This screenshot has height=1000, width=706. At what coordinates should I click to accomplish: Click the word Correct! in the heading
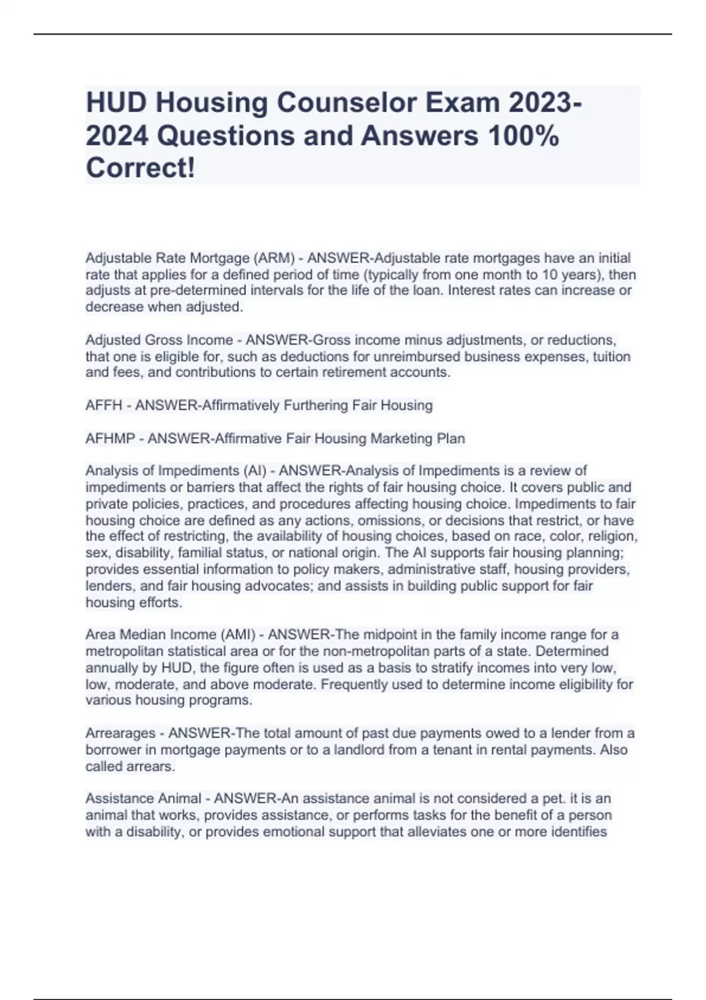(140, 169)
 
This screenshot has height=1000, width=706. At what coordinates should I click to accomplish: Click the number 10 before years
(562, 275)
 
